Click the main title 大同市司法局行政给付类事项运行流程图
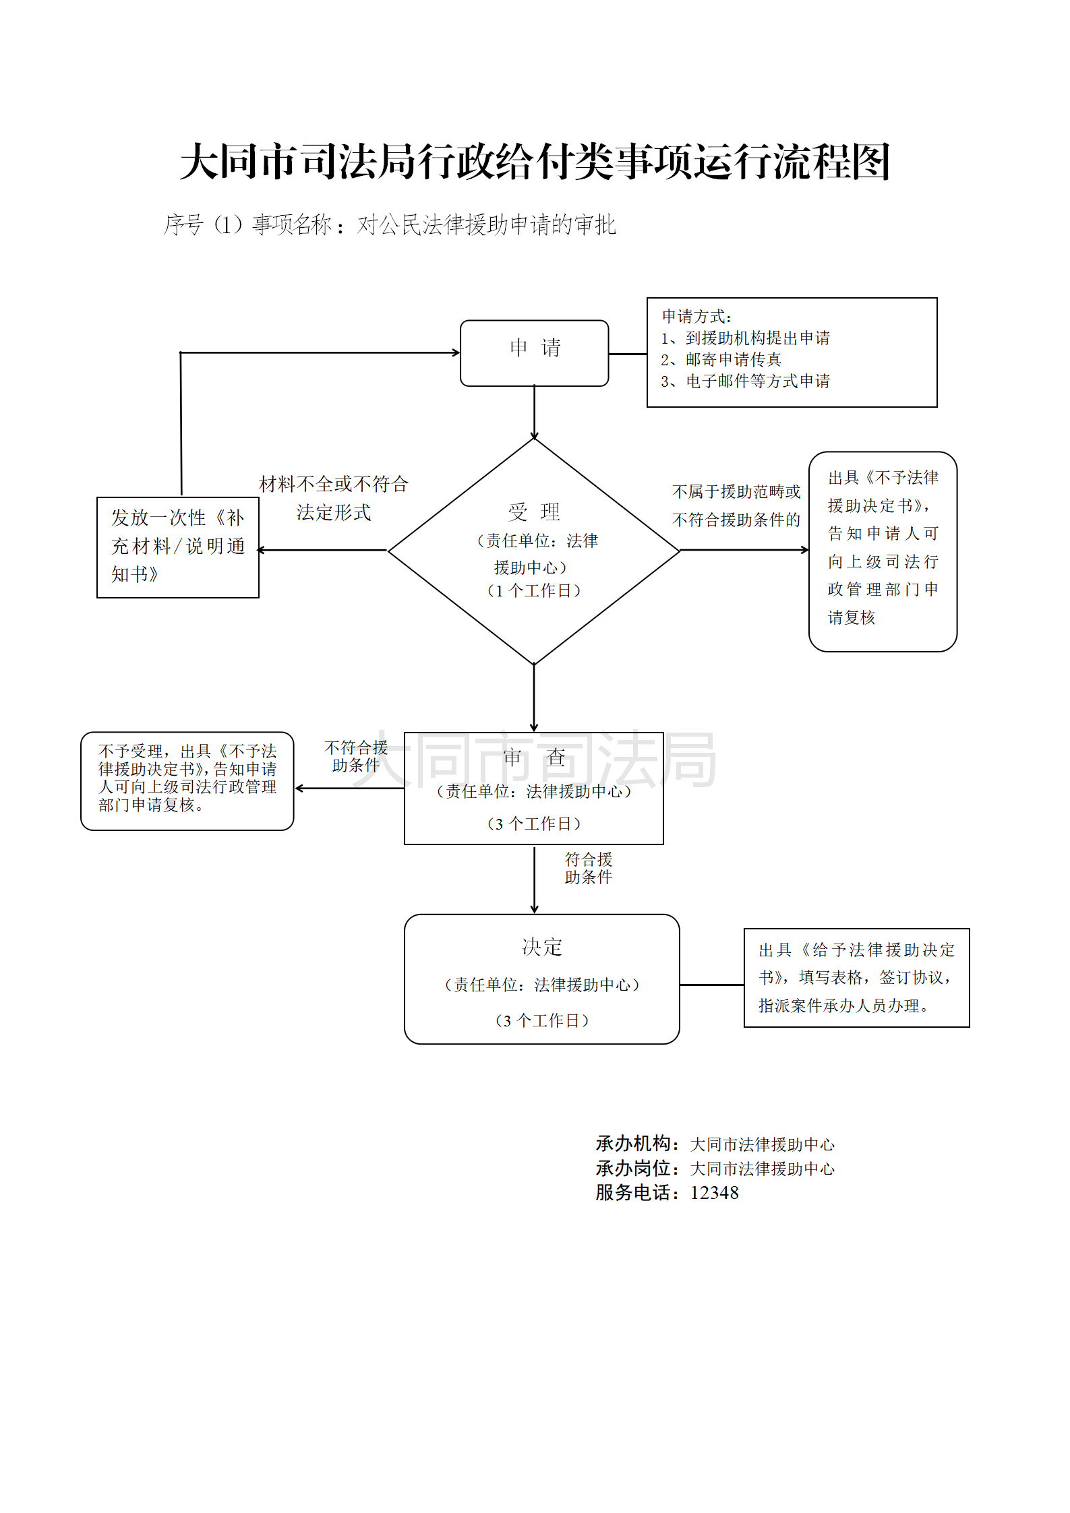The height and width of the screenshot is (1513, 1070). pyautogui.click(x=535, y=162)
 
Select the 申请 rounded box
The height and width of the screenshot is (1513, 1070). pyautogui.click(x=534, y=352)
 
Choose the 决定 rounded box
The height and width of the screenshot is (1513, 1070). pyautogui.click(x=541, y=979)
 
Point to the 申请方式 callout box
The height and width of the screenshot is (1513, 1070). pyautogui.click(x=792, y=352)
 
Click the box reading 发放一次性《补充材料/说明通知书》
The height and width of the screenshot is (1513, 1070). pyautogui.click(x=178, y=547)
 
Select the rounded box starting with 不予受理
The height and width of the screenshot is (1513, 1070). pyautogui.click(x=187, y=780)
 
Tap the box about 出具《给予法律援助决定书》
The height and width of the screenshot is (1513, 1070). pyautogui.click(x=856, y=977)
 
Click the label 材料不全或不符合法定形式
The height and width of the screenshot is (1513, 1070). pyautogui.click(x=334, y=498)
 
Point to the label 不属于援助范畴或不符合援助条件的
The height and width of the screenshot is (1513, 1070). pyautogui.click(x=736, y=505)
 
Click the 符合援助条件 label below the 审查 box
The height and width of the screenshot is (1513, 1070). pyautogui.click(x=588, y=868)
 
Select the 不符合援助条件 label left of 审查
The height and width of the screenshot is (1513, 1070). pyautogui.click(x=356, y=756)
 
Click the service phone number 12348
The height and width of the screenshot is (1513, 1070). pyautogui.click(x=714, y=1193)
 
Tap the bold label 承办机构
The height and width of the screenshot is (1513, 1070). pyautogui.click(x=634, y=1144)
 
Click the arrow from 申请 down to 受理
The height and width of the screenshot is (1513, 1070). pyautogui.click(x=534, y=412)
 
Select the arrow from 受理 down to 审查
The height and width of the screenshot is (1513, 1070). pyautogui.click(x=534, y=698)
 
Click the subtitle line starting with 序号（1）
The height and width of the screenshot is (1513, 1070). pyautogui.click(x=390, y=224)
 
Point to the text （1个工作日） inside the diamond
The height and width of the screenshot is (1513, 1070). pyautogui.click(x=533, y=591)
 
